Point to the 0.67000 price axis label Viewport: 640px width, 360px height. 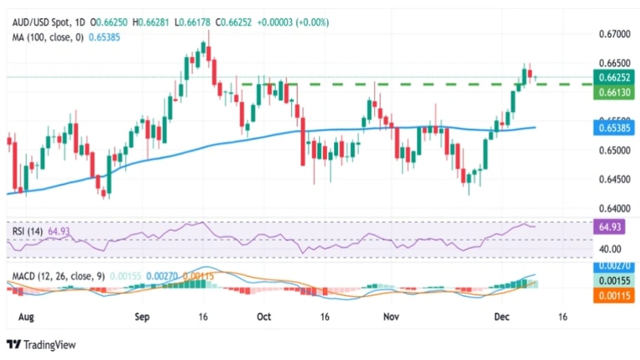pyautogui.click(x=614, y=34)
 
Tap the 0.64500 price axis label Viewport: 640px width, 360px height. pyautogui.click(x=614, y=179)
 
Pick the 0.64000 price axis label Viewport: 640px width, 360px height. pyautogui.click(x=614, y=208)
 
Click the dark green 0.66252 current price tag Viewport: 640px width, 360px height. pyautogui.click(x=614, y=77)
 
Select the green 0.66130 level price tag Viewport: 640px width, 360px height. pyautogui.click(x=614, y=92)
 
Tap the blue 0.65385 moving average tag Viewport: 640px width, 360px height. pyautogui.click(x=614, y=128)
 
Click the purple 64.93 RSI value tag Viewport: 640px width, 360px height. pyautogui.click(x=614, y=227)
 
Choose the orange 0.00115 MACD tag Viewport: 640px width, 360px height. pyautogui.click(x=614, y=296)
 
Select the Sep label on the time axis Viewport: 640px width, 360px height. pyautogui.click(x=142, y=316)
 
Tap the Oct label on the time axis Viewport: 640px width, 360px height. pyautogui.click(x=264, y=316)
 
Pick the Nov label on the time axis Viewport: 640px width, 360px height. pyautogui.click(x=391, y=316)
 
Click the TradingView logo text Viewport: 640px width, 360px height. pyautogui.click(x=42, y=345)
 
